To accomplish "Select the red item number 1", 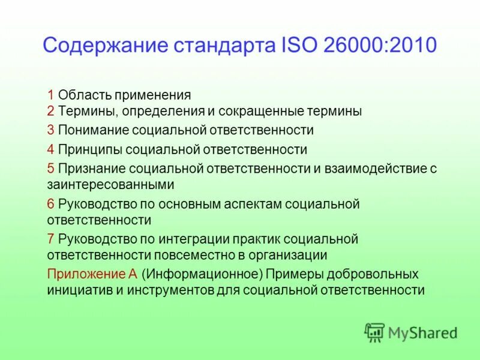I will pyautogui.click(x=51, y=95).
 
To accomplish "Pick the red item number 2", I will pyautogui.click(x=51, y=111).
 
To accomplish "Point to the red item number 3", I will pyautogui.click(x=51, y=130).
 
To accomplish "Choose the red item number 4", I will pyautogui.click(x=51, y=149).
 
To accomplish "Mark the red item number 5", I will pyautogui.click(x=51, y=169).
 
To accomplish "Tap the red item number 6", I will pyautogui.click(x=51, y=204).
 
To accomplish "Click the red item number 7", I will pyautogui.click(x=51, y=239).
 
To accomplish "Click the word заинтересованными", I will pyautogui.click(x=110, y=184).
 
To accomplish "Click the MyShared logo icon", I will pyautogui.click(x=375, y=332).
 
